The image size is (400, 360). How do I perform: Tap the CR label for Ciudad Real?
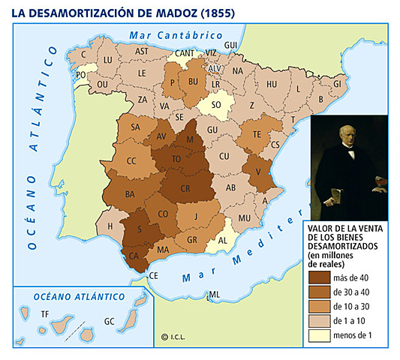(185, 187)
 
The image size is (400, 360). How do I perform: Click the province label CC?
(131, 160)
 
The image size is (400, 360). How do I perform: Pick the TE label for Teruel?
(256, 134)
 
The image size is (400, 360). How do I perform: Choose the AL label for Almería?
(221, 241)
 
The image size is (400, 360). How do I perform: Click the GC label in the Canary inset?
(110, 321)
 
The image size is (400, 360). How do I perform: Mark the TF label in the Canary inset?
(45, 313)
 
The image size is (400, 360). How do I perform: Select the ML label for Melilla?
(215, 294)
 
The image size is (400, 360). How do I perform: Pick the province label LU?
(107, 59)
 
